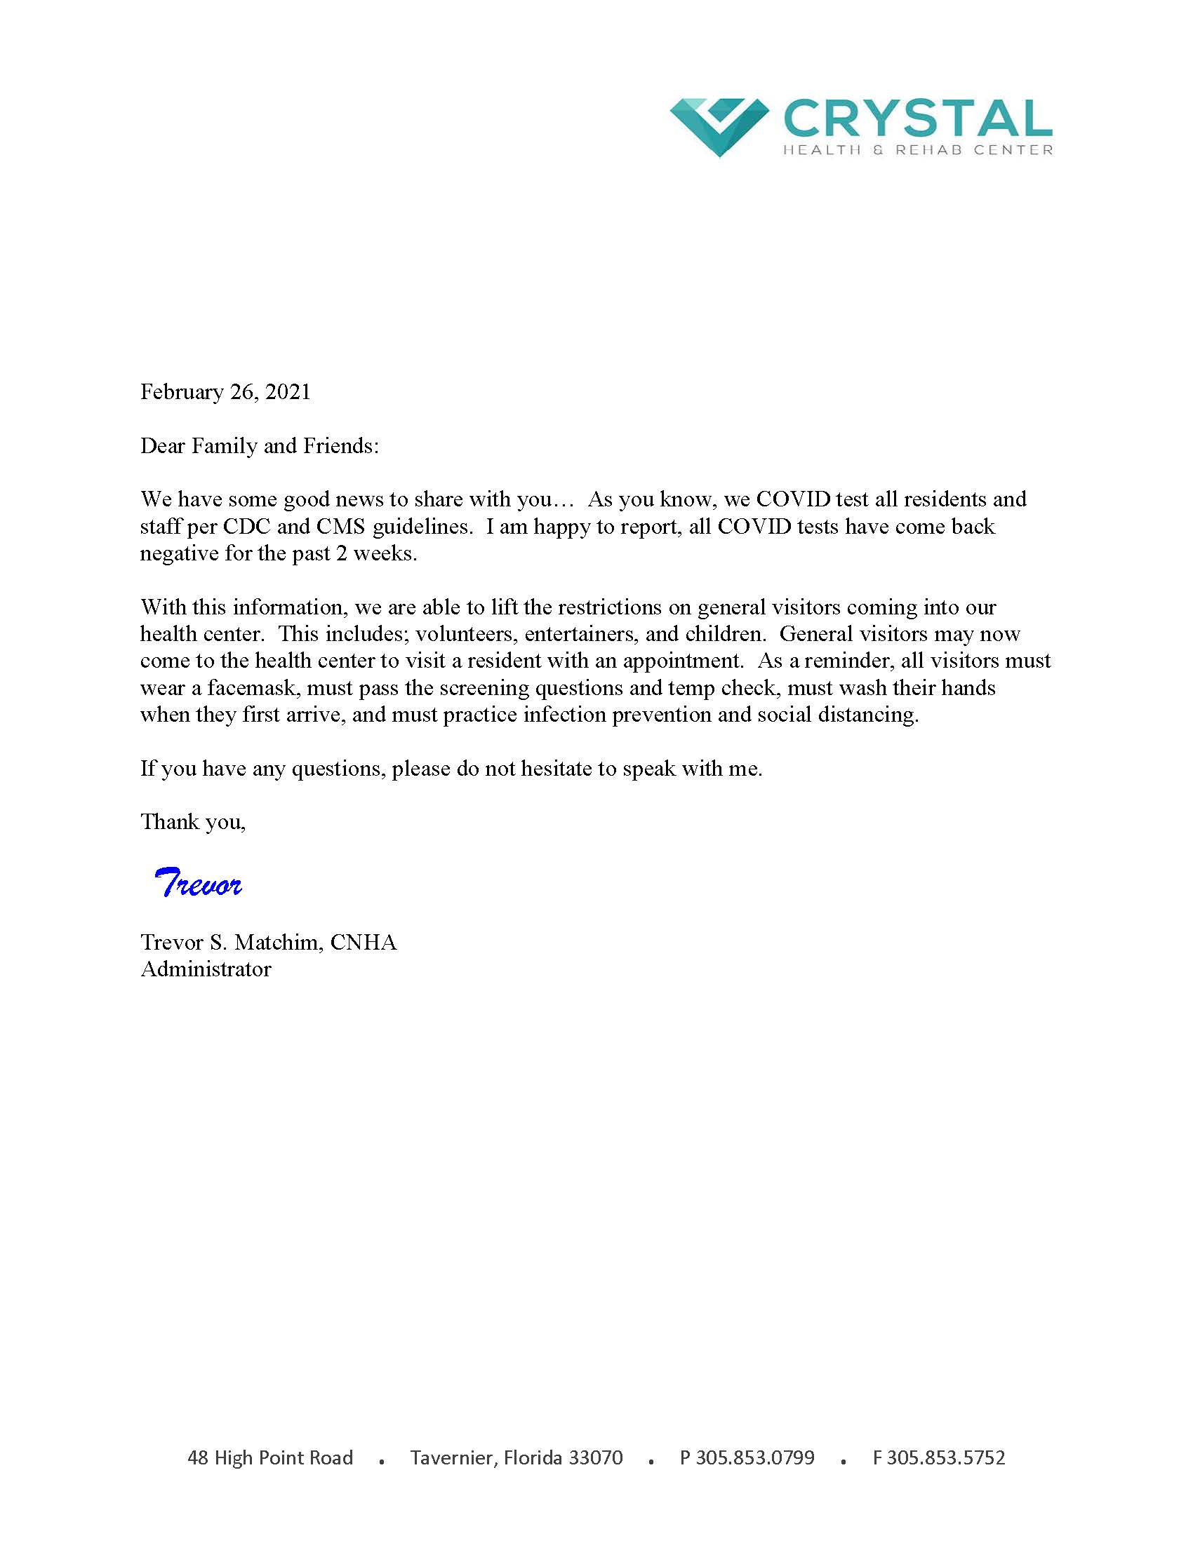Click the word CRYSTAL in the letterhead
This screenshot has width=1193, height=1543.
coord(917,119)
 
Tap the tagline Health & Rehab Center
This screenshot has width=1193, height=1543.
coord(917,150)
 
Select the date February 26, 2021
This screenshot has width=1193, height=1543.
coord(225,392)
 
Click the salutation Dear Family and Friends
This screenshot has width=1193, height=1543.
coord(260,446)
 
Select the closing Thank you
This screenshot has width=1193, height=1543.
coord(193,822)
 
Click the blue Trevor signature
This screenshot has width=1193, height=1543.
coord(198,883)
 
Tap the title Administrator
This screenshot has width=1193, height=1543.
coord(206,969)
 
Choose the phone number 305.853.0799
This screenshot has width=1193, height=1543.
coord(755,1457)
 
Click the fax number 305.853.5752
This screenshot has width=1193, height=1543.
coord(946,1457)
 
